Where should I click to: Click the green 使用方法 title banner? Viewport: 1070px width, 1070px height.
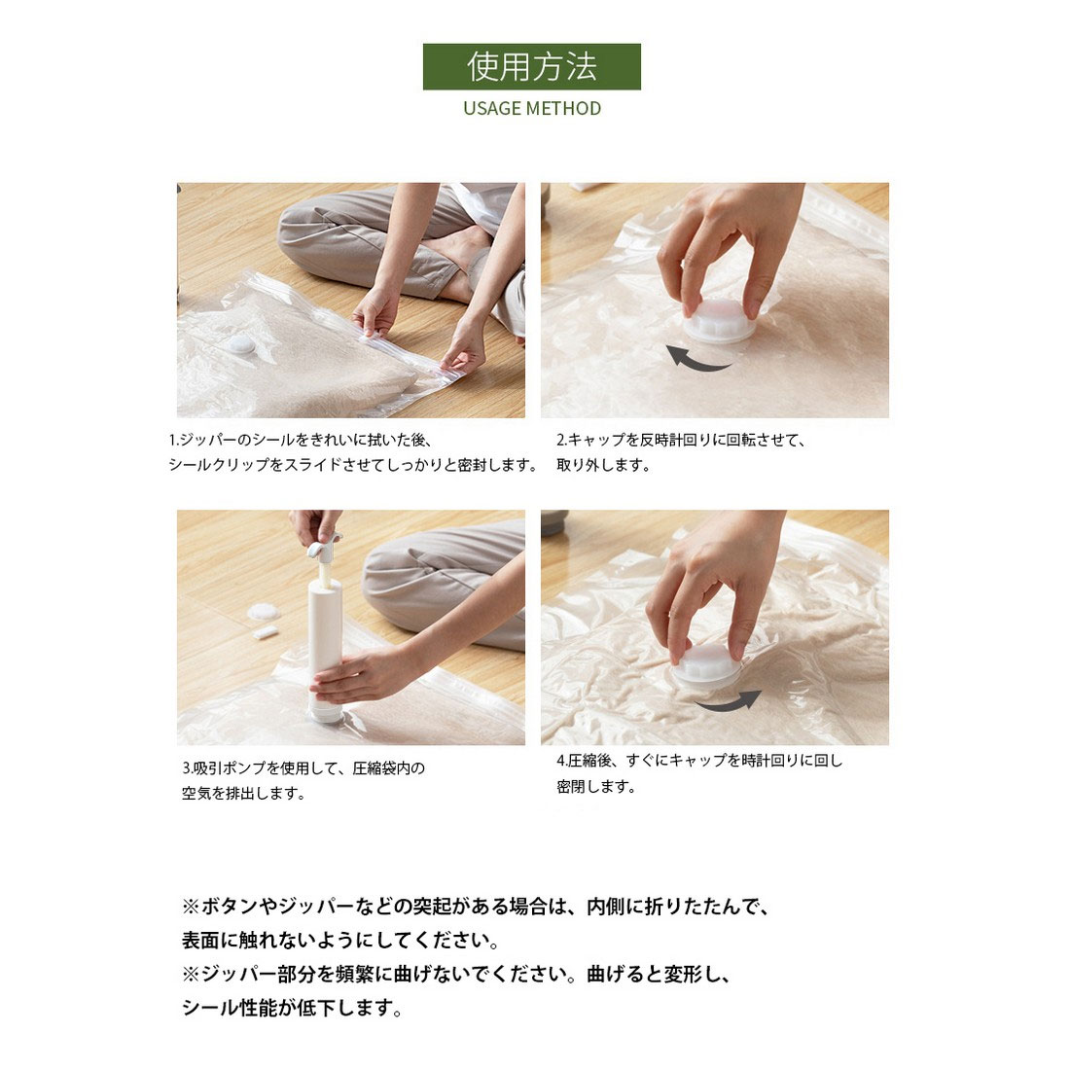click(531, 66)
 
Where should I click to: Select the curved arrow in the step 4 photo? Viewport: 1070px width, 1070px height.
click(729, 703)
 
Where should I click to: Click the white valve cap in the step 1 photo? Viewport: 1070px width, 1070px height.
click(241, 344)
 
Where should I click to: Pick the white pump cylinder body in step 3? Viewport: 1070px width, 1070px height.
click(325, 648)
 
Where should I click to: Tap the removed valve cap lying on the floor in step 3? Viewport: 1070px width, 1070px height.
click(264, 612)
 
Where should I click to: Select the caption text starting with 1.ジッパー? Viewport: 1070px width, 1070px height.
click(353, 452)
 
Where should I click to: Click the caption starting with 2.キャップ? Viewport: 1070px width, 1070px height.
click(681, 452)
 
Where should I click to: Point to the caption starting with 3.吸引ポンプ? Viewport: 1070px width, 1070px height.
click(303, 781)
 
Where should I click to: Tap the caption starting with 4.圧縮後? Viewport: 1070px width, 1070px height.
click(699, 773)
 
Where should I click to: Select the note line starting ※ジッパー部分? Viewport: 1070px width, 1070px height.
click(456, 974)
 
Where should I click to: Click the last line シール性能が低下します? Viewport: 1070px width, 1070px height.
click(292, 1007)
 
